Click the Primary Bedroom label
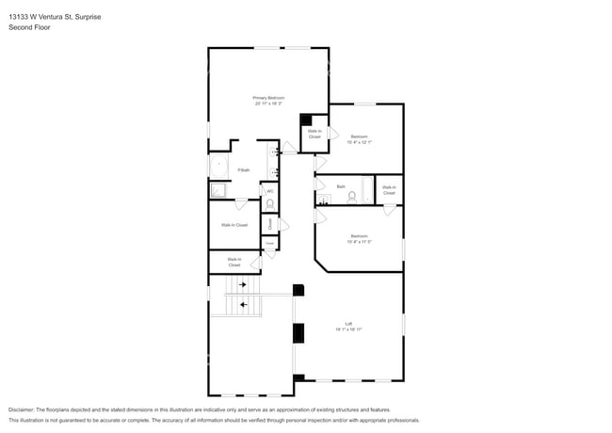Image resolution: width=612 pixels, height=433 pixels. [x=268, y=101]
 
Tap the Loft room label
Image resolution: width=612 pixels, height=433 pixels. [x=347, y=327]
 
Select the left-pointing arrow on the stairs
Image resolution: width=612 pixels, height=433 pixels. [x=245, y=304]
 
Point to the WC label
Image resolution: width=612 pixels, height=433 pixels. [x=270, y=191]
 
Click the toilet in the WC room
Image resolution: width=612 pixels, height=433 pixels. [x=270, y=204]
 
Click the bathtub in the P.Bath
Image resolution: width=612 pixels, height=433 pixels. [x=219, y=168]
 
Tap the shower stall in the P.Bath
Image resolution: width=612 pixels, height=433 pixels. [x=218, y=190]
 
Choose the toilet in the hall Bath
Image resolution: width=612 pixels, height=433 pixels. [x=364, y=197]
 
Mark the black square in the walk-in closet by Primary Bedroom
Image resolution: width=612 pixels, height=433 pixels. [x=306, y=120]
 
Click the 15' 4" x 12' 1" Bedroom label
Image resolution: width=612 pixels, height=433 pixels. [x=359, y=139]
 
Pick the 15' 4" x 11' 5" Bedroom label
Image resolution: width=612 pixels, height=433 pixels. [x=359, y=238]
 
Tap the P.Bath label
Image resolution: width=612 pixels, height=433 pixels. [x=243, y=170]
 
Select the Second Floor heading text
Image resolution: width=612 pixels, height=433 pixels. [x=30, y=27]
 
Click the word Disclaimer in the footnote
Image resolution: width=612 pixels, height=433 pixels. [x=25, y=409]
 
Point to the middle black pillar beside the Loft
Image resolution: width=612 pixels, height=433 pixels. [x=299, y=332]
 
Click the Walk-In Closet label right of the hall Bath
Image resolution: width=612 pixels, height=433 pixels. [x=389, y=189]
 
